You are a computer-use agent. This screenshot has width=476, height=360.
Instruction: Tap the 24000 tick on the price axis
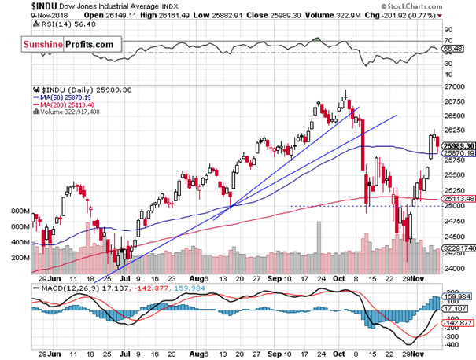[452, 268]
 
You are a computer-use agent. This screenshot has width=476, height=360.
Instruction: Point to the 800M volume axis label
[15, 211]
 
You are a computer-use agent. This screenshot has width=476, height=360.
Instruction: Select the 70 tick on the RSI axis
[446, 39]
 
